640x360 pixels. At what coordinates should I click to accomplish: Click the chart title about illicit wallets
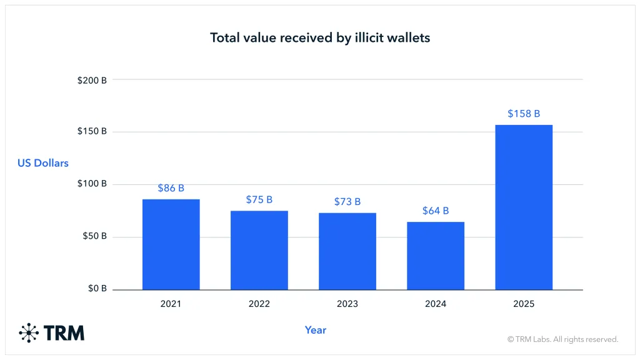click(320, 37)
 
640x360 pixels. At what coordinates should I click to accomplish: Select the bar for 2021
click(171, 244)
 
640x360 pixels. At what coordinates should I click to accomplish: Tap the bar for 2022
click(259, 250)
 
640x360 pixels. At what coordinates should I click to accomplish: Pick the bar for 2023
click(347, 251)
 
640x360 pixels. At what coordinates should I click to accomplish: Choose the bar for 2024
click(436, 256)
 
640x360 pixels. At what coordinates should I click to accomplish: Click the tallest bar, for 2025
click(524, 207)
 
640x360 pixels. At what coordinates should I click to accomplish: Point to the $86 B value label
click(171, 187)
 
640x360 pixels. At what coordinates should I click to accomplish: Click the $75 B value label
click(259, 199)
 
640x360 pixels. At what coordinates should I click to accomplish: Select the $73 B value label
click(347, 201)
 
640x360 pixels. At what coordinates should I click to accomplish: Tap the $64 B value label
click(436, 211)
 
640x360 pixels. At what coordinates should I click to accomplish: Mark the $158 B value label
click(524, 114)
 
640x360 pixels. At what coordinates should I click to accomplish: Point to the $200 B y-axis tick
click(92, 81)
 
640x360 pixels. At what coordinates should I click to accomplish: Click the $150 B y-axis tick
click(92, 132)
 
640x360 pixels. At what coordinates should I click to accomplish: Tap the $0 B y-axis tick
click(96, 289)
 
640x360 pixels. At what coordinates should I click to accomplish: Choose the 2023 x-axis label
click(347, 304)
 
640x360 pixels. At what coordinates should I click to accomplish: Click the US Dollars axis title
click(43, 163)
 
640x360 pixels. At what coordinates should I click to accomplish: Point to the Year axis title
click(316, 329)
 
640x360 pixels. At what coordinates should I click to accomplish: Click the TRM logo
click(52, 332)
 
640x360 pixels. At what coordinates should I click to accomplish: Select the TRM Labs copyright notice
click(562, 339)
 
